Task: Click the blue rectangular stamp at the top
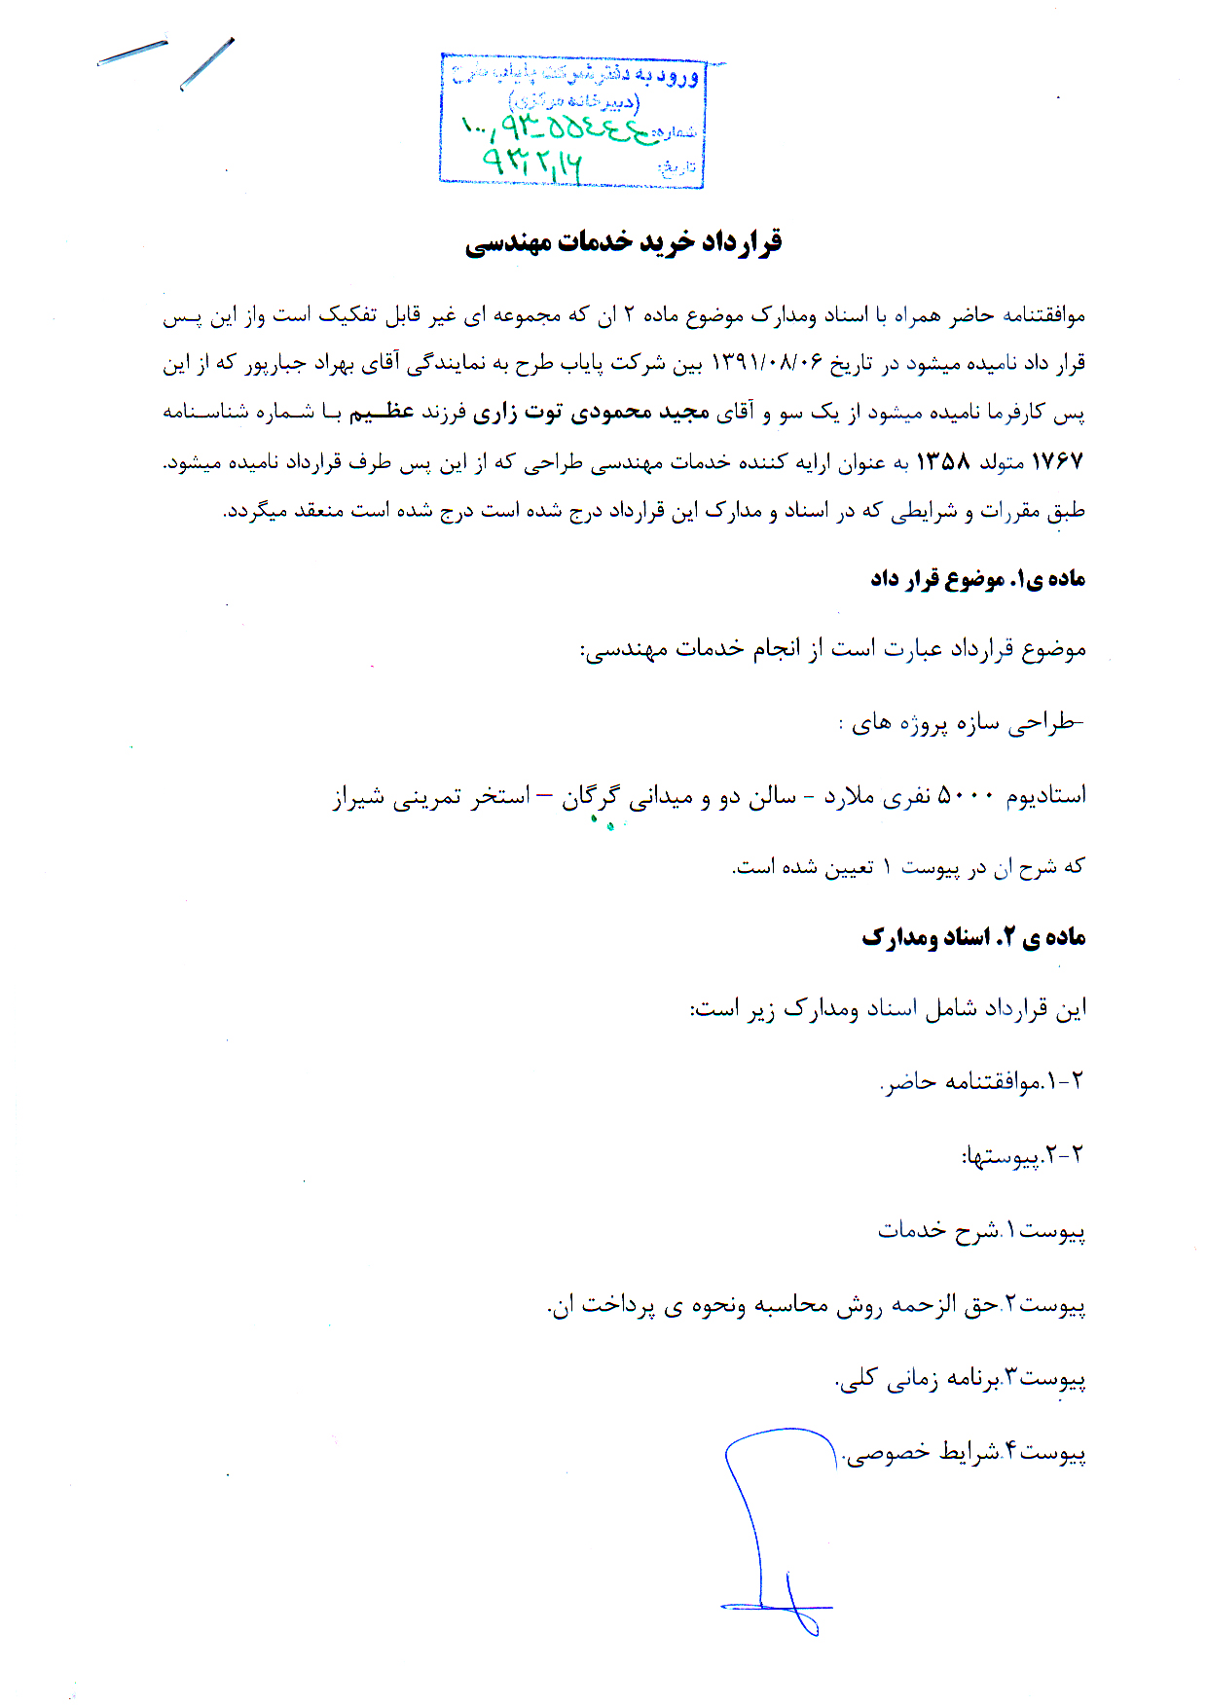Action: (x=572, y=120)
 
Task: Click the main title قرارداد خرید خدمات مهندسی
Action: (x=624, y=242)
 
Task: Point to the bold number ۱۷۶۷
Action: (x=1057, y=462)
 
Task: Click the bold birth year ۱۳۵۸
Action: (x=943, y=462)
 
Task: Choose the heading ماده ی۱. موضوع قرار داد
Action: (x=977, y=579)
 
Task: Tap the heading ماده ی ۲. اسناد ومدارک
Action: (x=973, y=937)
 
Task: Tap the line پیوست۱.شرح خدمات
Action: (x=981, y=1231)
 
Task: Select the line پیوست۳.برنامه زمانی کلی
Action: (x=961, y=1378)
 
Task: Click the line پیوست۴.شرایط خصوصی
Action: (x=964, y=1452)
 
